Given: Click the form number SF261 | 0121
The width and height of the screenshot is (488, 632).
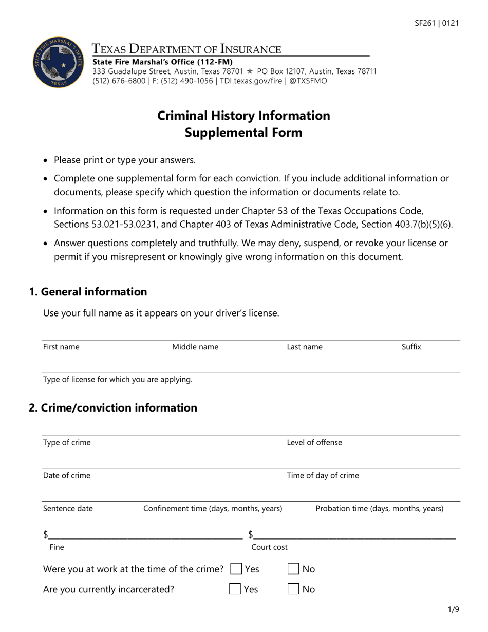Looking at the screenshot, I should tap(437, 23).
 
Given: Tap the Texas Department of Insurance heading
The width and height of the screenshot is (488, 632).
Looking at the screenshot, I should tap(186, 49).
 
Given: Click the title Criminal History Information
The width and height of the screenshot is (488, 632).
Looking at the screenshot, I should tap(243, 115).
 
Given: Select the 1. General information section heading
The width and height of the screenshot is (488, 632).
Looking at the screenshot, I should tap(88, 292).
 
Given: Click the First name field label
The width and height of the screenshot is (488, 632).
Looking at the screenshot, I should tap(61, 347).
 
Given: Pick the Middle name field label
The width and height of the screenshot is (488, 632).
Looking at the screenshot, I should tap(195, 347).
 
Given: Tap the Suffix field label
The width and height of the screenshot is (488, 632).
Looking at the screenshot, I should tap(411, 347).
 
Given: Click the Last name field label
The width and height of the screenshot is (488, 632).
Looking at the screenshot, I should tap(305, 347).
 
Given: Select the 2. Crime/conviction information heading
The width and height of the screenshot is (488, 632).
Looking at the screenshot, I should tap(113, 407).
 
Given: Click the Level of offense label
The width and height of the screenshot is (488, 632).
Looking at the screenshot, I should tap(314, 442).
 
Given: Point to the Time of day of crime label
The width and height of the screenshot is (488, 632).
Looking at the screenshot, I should tap(323, 475).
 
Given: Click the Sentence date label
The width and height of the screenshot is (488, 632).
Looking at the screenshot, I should tap(68, 509).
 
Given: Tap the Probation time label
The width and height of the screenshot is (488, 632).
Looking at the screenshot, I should tap(379, 509).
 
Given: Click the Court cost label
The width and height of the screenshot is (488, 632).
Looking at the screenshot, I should tap(269, 547).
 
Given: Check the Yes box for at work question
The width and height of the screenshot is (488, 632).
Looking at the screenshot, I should tap(236, 569).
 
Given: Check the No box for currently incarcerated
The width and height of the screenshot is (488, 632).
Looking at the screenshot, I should tap(293, 589).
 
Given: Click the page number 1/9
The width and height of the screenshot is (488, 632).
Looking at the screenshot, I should tap(453, 610).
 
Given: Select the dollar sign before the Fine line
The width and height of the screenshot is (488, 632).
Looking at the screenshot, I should tap(46, 535).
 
